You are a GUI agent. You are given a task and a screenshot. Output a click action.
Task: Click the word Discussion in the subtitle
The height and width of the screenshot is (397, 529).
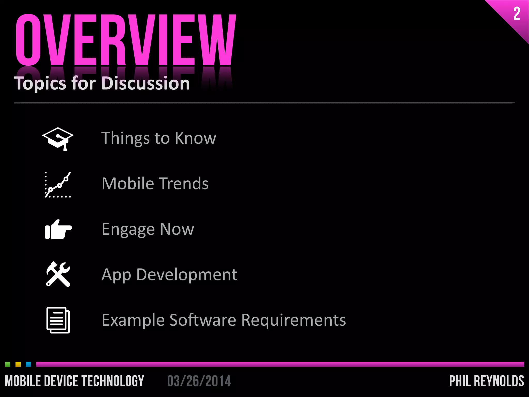146,83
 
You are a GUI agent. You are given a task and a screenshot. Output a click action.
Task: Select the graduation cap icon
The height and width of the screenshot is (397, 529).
58,138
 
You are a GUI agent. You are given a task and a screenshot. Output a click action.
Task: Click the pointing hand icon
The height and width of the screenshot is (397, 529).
58,230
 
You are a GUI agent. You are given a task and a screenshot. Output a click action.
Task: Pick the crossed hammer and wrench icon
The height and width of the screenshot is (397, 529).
58,274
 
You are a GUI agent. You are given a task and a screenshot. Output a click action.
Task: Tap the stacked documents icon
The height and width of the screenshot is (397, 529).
58,320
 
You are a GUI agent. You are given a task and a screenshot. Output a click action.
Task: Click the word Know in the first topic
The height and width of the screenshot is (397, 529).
195,138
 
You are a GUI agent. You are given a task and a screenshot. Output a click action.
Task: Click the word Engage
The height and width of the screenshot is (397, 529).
128,229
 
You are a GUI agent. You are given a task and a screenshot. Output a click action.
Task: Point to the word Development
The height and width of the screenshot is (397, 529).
186,274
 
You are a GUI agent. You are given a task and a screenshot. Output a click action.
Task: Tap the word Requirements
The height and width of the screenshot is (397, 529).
293,320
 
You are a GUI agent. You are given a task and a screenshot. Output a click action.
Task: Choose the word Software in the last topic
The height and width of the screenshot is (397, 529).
203,320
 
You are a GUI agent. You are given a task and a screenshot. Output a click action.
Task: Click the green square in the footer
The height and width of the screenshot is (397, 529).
8,364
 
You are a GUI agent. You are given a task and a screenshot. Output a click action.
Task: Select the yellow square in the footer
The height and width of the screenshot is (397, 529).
18,364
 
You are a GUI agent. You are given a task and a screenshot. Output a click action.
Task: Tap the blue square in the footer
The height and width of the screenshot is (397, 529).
28,364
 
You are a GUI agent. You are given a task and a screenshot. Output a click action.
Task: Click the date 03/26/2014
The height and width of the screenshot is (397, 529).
199,381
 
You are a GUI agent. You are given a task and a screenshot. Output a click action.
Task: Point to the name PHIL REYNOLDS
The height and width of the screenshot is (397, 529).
487,381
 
